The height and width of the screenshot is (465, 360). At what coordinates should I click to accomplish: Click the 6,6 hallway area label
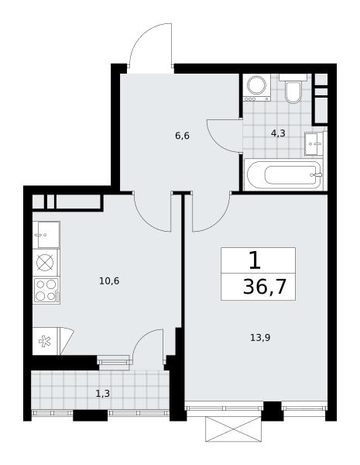(x=182, y=136)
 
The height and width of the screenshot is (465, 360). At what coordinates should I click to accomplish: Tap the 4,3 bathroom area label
(x=278, y=133)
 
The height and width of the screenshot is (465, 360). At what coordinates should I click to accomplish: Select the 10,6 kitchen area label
(x=109, y=281)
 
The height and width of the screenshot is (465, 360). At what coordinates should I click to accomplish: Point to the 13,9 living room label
(x=260, y=337)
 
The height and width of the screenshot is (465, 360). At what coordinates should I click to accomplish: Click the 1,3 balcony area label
(x=103, y=394)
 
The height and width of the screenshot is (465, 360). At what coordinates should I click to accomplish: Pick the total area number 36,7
(x=264, y=287)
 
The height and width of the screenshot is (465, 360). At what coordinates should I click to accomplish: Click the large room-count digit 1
(x=255, y=260)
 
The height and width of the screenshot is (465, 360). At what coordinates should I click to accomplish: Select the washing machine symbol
(x=256, y=88)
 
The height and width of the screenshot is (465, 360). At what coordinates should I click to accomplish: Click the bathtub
(x=285, y=175)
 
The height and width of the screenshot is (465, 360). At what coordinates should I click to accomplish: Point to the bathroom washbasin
(x=314, y=144)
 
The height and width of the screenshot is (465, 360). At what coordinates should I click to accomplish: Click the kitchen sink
(x=46, y=235)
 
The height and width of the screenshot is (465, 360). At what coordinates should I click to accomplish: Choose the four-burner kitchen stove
(x=46, y=291)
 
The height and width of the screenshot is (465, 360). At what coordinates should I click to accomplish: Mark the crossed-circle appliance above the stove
(x=45, y=263)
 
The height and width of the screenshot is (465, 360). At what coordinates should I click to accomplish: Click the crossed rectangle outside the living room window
(x=234, y=429)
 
